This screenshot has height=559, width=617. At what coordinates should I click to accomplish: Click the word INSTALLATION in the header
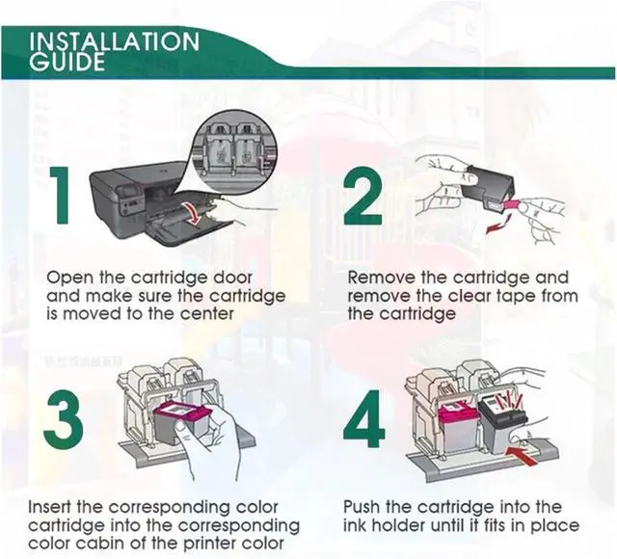[115, 41]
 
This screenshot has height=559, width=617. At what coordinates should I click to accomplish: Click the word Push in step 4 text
[363, 506]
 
